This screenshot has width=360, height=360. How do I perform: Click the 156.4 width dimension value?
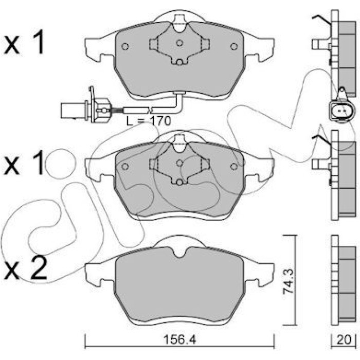pyautogui.click(x=179, y=340)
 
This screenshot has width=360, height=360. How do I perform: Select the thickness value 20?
pyautogui.click(x=344, y=340)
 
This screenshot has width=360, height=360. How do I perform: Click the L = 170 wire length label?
pyautogui.click(x=149, y=121)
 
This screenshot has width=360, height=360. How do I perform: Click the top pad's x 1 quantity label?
pyautogui.click(x=24, y=43)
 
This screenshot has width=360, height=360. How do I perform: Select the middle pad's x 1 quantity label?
pyautogui.click(x=24, y=163)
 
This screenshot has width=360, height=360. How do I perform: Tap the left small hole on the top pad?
pyautogui.click(x=125, y=47)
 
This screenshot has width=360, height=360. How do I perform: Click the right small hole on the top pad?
pyautogui.click(x=233, y=47)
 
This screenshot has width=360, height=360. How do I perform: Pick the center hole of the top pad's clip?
pyautogui.click(x=179, y=43)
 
